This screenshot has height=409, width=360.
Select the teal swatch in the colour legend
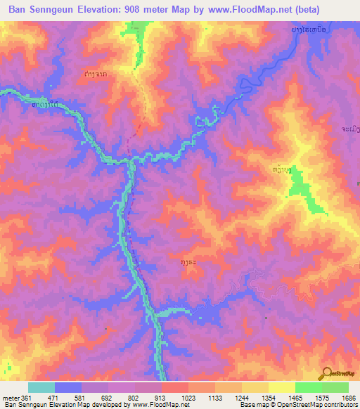pyautogui.click(x=41, y=387)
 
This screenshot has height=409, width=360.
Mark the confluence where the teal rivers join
pyautogui.click(x=131, y=162)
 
